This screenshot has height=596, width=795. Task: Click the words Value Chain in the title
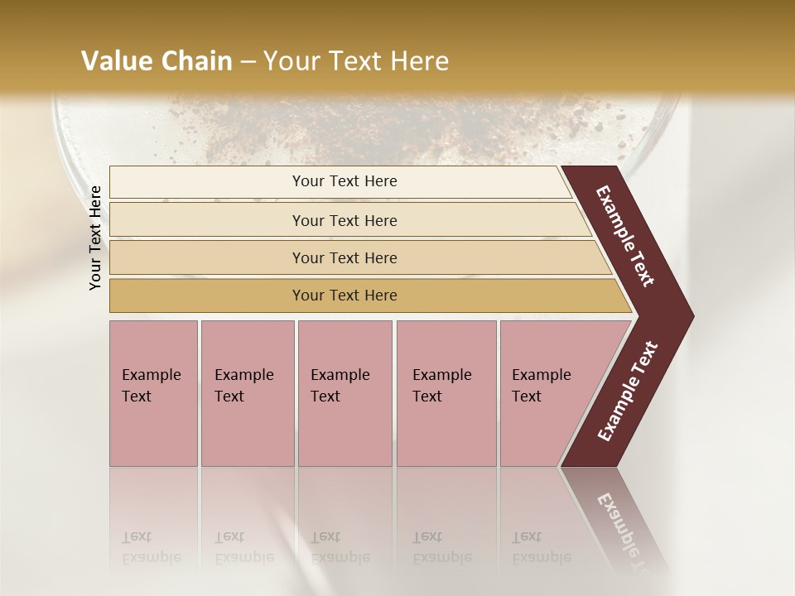pos(157,61)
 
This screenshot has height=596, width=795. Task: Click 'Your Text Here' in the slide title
pos(356,61)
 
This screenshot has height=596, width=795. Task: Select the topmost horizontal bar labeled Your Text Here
pos(344,181)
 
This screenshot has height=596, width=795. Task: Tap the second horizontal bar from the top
pos(344,220)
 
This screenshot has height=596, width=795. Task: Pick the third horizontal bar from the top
pos(344,257)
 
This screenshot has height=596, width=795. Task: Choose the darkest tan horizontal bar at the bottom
pos(344,296)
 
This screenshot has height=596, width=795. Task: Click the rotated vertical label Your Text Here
pos(95,238)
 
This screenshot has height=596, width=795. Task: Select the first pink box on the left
pos(153,392)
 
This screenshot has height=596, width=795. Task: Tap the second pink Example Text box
pos(247,392)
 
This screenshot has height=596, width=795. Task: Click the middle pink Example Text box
pos(344,392)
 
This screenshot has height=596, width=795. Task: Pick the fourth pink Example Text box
pos(446,392)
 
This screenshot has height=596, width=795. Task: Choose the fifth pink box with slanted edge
pos(547,392)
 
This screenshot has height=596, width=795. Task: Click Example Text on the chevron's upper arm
pos(625,236)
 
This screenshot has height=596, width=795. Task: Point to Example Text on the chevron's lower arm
pos(628,391)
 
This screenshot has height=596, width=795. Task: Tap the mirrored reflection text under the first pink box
pos(151,548)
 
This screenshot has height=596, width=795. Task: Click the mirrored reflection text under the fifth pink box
pos(542,548)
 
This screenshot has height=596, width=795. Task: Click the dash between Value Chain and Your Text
pos(248,62)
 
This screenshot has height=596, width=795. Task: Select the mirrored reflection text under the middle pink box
pos(340,548)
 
